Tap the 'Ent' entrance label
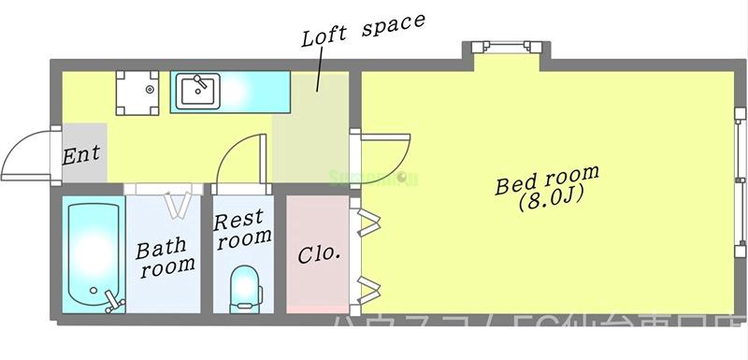(x=81, y=154)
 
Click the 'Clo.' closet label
(x=318, y=253)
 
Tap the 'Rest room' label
(x=242, y=229)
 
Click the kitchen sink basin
(x=198, y=91)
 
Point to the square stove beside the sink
(x=138, y=93)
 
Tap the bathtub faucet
(x=113, y=299)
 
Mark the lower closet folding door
(x=368, y=284)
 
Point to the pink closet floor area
(x=318, y=281)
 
